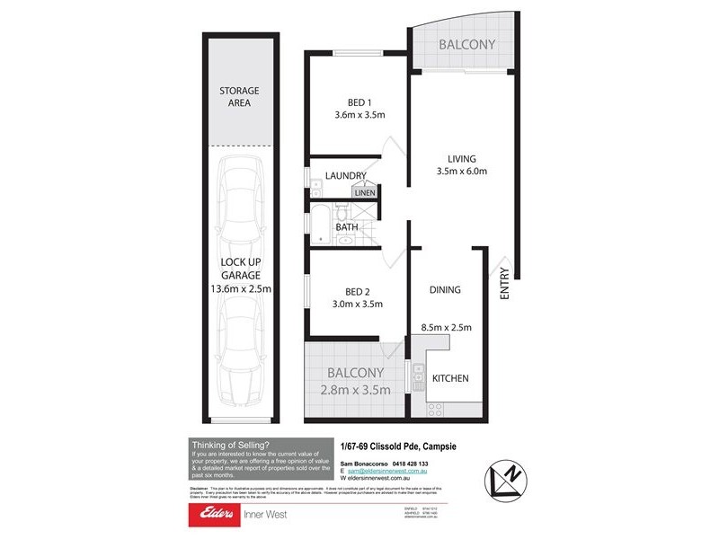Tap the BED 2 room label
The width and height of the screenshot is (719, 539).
358,291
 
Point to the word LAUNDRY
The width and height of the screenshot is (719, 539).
346,176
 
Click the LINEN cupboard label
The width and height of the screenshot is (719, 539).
364,192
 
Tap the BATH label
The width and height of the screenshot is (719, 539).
347,227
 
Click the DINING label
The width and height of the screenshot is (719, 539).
445,290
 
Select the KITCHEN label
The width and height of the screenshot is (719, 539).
450,379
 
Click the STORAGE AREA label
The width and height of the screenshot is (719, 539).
239,97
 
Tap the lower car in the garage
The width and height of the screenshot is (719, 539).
239,355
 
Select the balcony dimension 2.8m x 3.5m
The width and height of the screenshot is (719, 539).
357,390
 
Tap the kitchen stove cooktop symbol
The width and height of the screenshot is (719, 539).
436,408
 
